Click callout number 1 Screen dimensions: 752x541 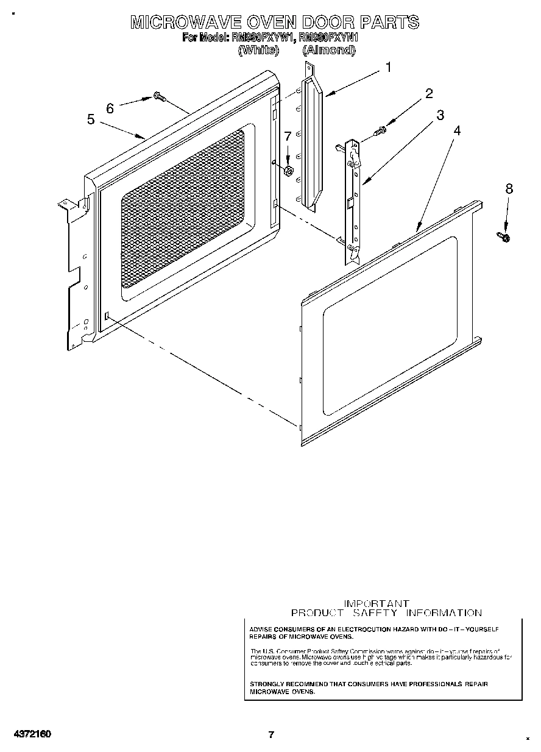388,68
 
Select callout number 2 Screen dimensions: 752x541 429,93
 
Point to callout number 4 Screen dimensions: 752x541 456,130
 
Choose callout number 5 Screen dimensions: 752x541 91,119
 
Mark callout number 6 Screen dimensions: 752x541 110,108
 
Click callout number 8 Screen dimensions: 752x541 509,188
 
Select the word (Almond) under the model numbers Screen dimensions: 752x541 328,51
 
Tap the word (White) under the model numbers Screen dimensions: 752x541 258,51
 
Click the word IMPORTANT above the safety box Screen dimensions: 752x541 377,603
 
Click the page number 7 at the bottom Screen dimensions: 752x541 272,734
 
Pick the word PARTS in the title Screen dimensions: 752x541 389,23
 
